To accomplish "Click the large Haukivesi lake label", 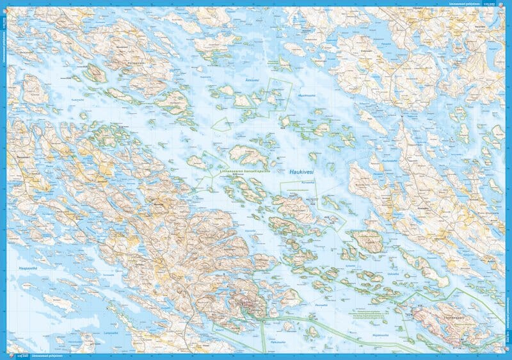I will tap(305, 172).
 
